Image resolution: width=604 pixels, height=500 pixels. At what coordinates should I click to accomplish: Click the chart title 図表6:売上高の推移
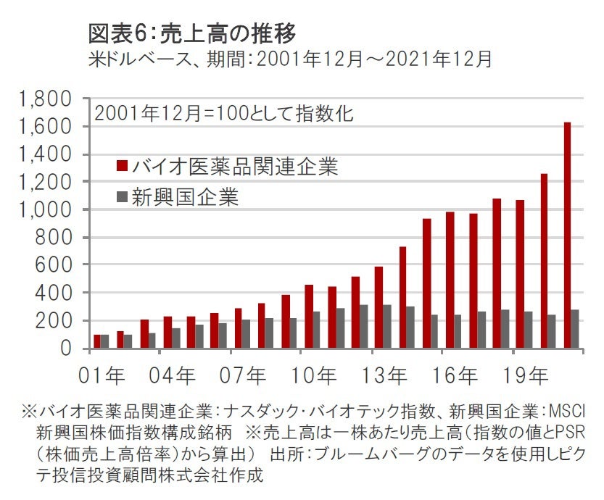[x=192, y=32]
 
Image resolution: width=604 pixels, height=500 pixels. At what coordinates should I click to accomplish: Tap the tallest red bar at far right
[x=566, y=236]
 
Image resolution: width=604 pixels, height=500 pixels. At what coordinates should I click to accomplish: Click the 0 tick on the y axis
[x=65, y=348]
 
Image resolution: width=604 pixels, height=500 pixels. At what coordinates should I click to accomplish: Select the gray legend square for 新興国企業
[x=122, y=196]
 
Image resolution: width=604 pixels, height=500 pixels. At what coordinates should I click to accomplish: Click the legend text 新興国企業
[x=184, y=196]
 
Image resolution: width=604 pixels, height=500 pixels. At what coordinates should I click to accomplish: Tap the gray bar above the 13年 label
[x=386, y=326]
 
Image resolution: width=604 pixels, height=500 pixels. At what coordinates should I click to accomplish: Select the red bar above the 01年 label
[x=98, y=341]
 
